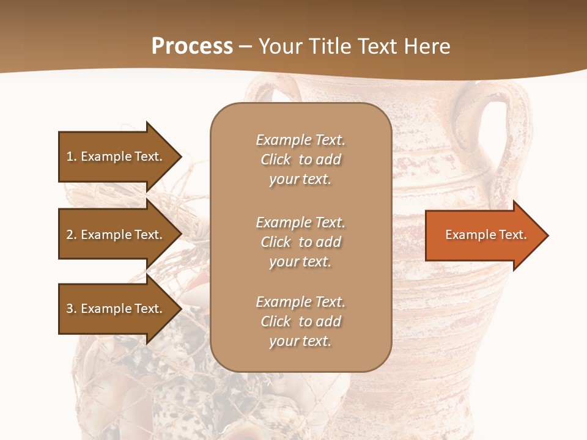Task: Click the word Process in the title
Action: [192, 46]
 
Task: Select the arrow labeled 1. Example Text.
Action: [116, 156]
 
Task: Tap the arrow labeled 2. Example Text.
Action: [116, 235]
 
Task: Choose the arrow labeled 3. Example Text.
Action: [116, 309]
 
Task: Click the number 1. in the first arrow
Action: [72, 156]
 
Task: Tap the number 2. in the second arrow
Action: [72, 235]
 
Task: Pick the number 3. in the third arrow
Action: [72, 309]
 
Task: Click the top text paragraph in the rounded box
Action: [300, 159]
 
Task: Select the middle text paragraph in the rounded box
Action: [300, 241]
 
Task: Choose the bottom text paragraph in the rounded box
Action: [300, 321]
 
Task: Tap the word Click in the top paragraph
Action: [276, 159]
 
